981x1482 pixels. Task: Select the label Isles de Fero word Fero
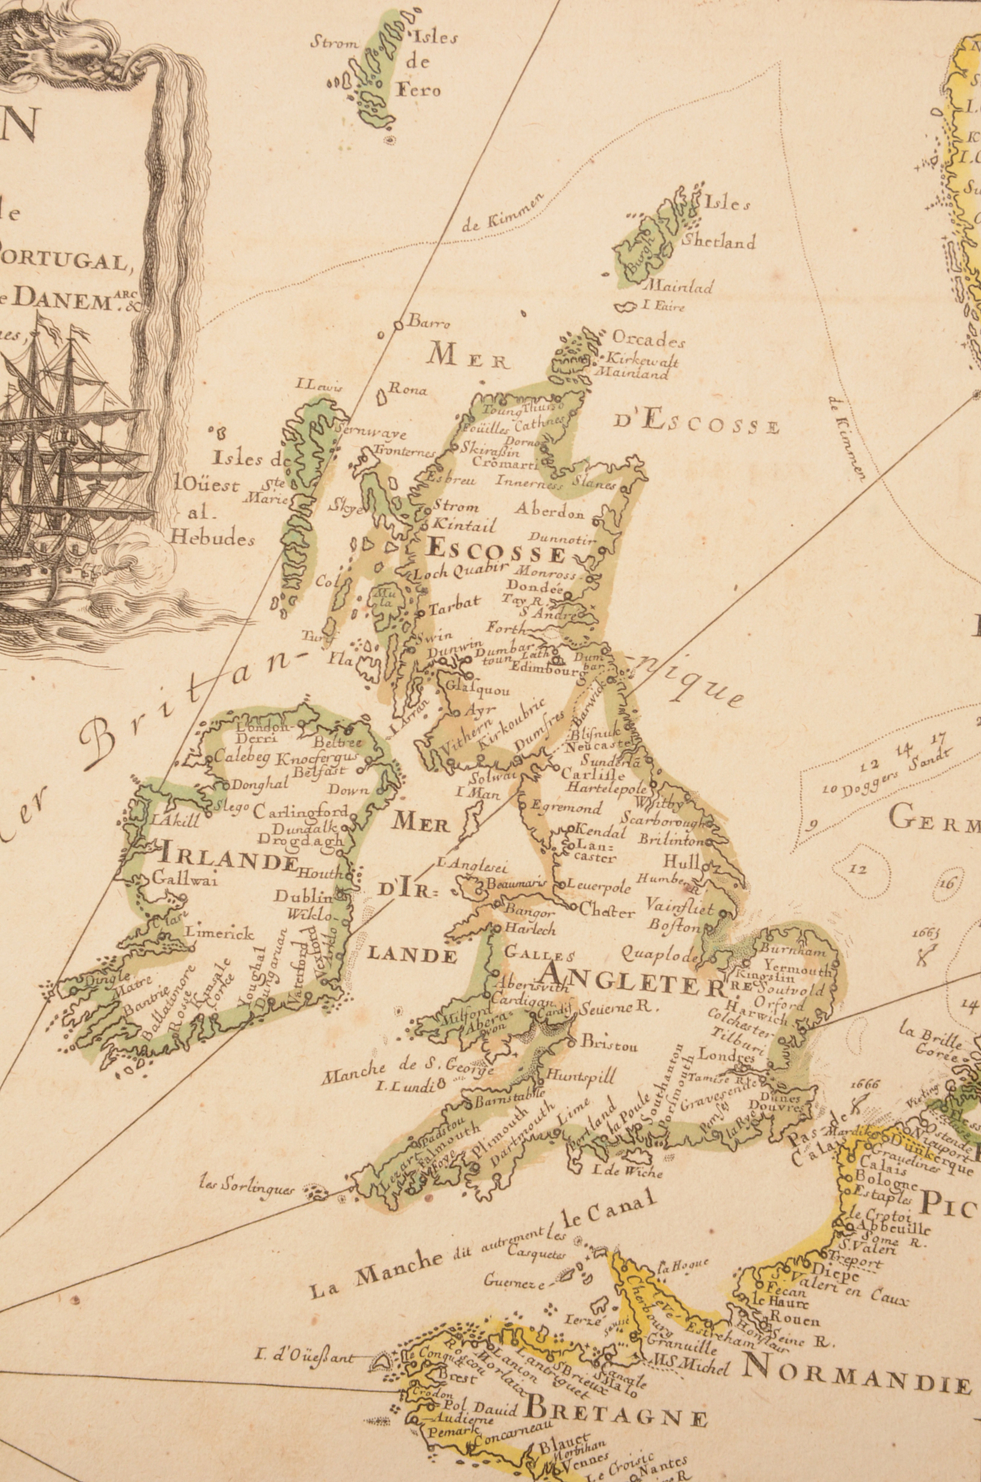pos(418,90)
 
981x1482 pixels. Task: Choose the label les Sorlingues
pos(246,1188)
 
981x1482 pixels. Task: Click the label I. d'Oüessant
pos(305,1354)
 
